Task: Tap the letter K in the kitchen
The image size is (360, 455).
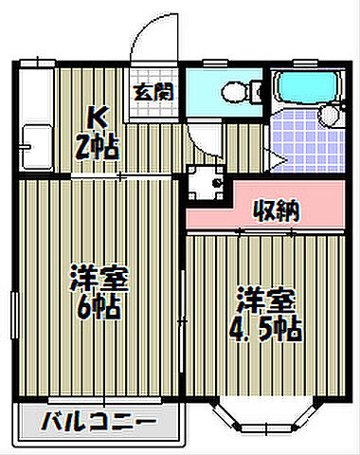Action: pos(97,118)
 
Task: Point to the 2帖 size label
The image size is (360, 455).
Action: pos(97,147)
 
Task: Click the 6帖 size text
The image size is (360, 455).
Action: pos(99,306)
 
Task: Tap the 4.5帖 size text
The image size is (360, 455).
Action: pos(270,327)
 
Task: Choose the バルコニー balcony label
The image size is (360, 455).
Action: pos(99,419)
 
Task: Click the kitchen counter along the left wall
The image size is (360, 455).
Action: pos(37,118)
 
